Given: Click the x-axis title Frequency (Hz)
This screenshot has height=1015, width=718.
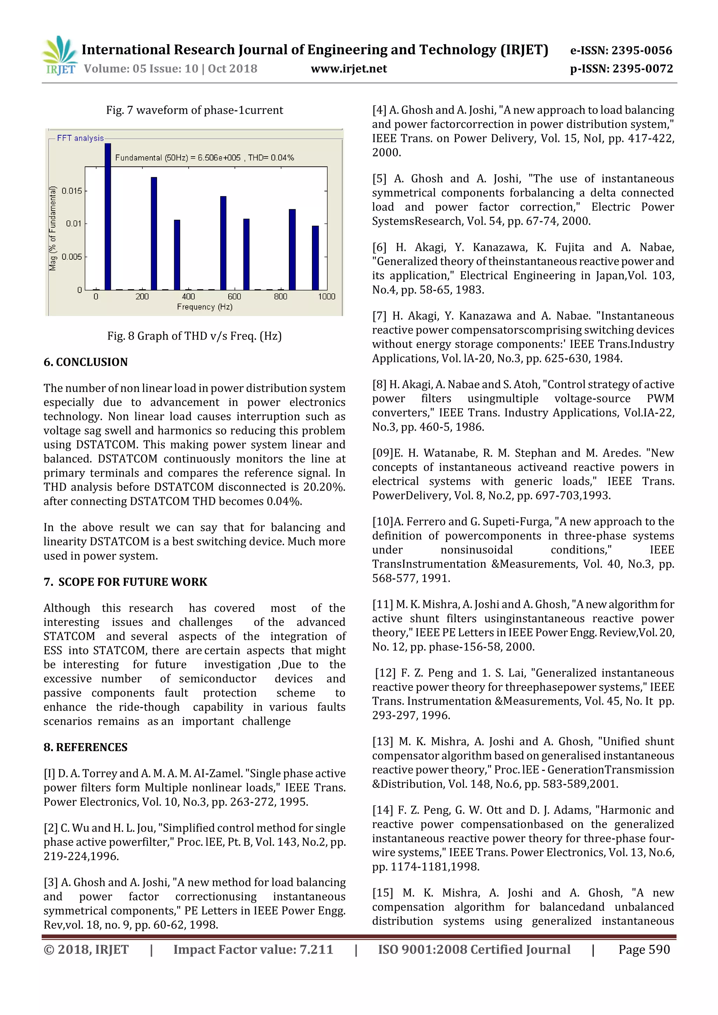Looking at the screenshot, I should pyautogui.click(x=204, y=307).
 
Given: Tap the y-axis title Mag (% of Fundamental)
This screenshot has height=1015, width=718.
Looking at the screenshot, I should pyautogui.click(x=53, y=228).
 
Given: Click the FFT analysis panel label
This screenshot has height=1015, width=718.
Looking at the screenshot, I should pyautogui.click(x=80, y=138).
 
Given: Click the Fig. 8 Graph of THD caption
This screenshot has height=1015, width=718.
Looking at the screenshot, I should pyautogui.click(x=194, y=336).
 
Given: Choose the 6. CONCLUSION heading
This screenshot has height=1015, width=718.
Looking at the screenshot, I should pyautogui.click(x=86, y=362).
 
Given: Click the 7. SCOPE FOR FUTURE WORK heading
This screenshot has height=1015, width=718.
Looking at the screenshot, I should pyautogui.click(x=125, y=582).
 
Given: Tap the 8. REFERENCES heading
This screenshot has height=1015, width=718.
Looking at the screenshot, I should pyautogui.click(x=86, y=747).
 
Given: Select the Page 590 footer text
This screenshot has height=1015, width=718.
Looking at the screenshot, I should pyautogui.click(x=644, y=949).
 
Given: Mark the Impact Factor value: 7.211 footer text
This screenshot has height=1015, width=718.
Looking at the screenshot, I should pyautogui.click(x=253, y=949).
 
